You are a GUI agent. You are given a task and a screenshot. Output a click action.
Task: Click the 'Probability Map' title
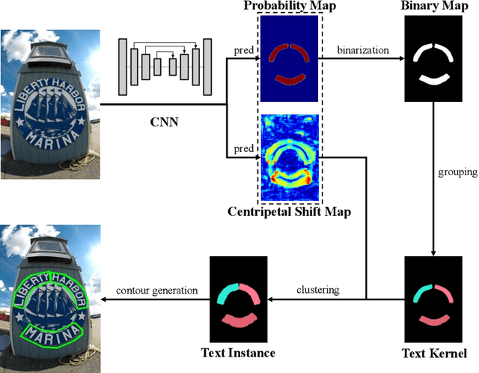[288, 7]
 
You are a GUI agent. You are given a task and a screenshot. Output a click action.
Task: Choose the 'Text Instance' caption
[239, 353]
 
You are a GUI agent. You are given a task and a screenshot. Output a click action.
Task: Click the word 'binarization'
[364, 51]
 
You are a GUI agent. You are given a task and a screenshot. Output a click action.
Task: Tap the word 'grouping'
[457, 172]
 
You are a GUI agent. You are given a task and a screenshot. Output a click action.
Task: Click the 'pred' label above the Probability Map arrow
[242, 52]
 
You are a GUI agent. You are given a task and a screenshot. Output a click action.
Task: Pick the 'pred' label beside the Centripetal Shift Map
[242, 149]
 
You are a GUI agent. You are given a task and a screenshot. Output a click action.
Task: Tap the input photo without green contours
[51, 103]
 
